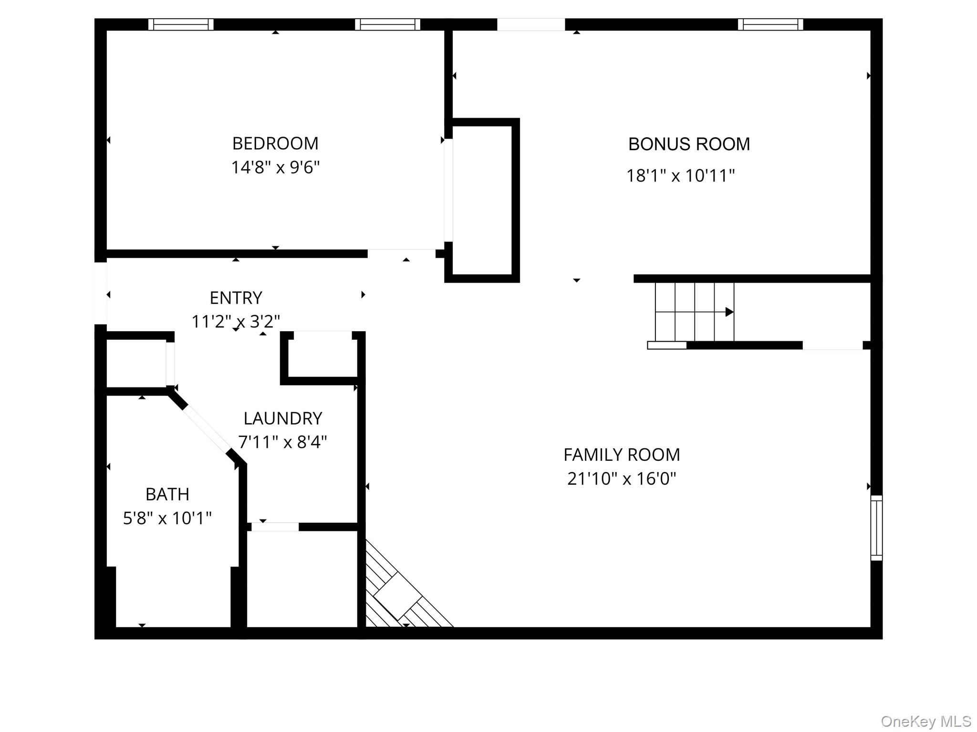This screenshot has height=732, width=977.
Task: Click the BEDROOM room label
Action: [x=275, y=143]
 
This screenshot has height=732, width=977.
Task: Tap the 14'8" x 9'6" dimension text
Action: [x=275, y=168]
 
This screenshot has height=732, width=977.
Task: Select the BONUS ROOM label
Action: [x=689, y=144]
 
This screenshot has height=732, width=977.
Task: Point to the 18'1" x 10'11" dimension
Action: [x=680, y=176]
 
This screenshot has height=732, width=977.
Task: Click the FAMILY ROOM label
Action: [x=622, y=455]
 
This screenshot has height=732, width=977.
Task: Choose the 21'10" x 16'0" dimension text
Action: [x=622, y=478]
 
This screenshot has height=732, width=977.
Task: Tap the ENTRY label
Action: [x=236, y=298]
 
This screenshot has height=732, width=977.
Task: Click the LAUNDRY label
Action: [x=283, y=418]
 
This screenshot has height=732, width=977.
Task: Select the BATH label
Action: [x=167, y=494]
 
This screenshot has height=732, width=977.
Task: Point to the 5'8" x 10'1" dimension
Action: [x=167, y=518]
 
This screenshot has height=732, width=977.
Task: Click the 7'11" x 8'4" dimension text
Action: [x=282, y=442]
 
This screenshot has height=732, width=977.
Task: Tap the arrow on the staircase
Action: [x=728, y=312]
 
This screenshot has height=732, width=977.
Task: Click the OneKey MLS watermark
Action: [x=925, y=721]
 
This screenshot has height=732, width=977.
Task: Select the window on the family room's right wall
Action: [x=876, y=528]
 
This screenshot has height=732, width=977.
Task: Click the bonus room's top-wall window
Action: [x=770, y=24]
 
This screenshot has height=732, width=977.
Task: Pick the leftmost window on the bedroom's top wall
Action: [x=181, y=24]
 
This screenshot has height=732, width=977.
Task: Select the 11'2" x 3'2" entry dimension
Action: [x=236, y=322]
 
